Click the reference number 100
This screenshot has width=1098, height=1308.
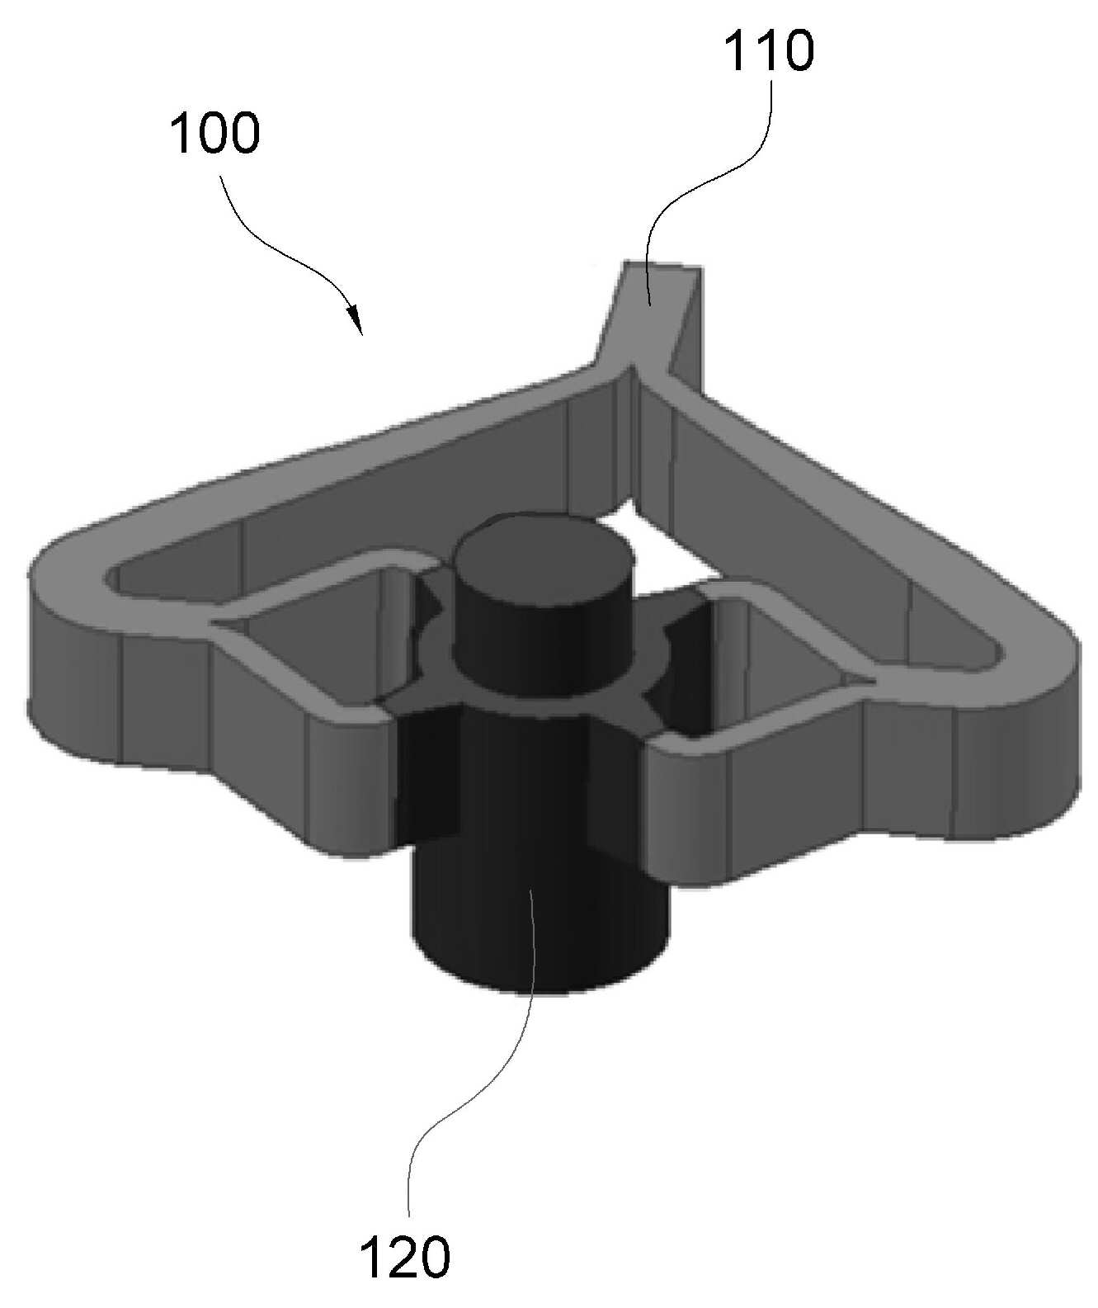pos(214,133)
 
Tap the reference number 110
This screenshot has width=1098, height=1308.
pos(769,50)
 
